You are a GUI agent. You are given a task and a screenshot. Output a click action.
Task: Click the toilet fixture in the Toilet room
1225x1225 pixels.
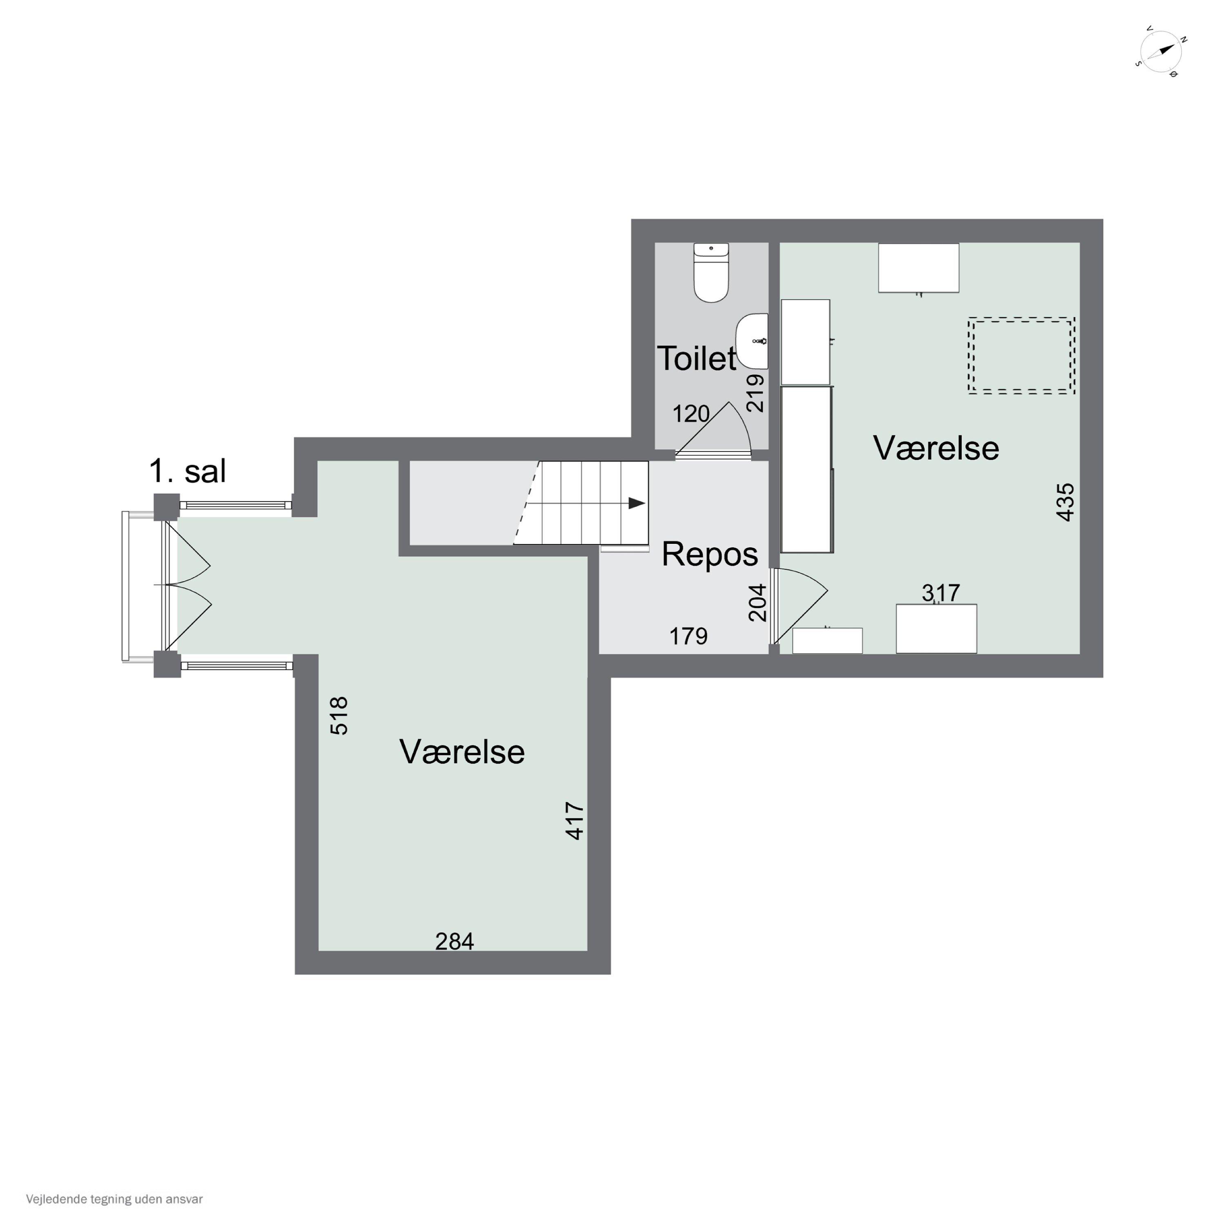711,273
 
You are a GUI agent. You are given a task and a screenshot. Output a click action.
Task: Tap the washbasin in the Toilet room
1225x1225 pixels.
752,341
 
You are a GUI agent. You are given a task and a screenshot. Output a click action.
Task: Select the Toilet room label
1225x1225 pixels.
696,358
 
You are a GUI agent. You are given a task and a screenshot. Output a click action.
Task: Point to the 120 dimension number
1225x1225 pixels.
690,414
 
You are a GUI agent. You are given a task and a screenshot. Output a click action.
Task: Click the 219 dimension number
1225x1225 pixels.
755,393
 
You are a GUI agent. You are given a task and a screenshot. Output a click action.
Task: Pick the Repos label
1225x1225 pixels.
710,554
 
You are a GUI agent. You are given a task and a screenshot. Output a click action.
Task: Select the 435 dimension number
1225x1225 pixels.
1065,502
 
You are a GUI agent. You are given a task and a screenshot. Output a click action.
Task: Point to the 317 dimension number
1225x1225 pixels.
940,593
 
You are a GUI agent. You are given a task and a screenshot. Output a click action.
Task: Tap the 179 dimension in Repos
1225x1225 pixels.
688,636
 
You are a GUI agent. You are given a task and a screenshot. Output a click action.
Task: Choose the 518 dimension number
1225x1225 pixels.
339,716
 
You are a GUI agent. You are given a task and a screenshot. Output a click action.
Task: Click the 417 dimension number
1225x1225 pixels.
575,821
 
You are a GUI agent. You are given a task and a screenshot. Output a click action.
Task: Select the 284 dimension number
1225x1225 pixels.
454,942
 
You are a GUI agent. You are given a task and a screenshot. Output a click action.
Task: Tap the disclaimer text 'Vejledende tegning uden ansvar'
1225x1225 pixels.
114,1199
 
